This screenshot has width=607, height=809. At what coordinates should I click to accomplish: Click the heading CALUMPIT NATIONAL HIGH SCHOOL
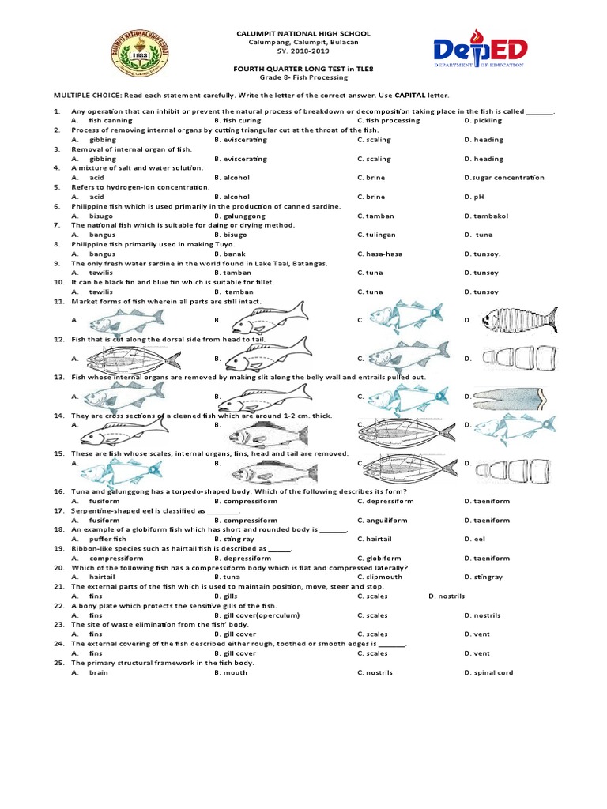[x=303, y=33]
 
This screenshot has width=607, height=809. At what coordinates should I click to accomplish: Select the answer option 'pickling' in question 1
[x=487, y=121]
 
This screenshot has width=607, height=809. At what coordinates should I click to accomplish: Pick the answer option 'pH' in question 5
[x=479, y=197]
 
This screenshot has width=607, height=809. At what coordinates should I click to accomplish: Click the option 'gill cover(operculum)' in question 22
[x=262, y=615]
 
